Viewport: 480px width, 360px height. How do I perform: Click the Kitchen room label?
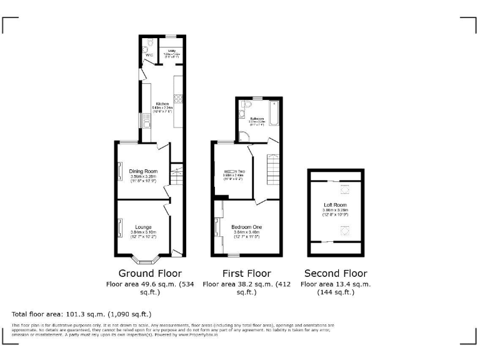point(162,103)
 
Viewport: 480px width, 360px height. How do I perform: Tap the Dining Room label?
point(143,171)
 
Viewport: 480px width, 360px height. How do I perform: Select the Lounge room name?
point(143,227)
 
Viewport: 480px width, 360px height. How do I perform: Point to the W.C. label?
point(149,55)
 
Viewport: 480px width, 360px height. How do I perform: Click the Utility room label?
point(171,49)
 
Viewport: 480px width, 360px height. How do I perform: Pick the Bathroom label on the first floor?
point(257,119)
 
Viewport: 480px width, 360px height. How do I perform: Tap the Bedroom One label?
point(247,227)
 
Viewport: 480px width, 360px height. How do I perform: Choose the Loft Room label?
point(334,205)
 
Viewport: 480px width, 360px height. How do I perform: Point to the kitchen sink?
point(146,118)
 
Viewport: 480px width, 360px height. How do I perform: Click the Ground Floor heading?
point(150,273)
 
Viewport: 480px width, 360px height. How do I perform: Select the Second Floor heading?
point(336,273)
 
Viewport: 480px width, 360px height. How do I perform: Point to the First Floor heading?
point(247,273)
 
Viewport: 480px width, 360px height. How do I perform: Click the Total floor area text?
point(81,314)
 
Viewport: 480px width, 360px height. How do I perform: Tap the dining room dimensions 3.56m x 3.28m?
point(143,177)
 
